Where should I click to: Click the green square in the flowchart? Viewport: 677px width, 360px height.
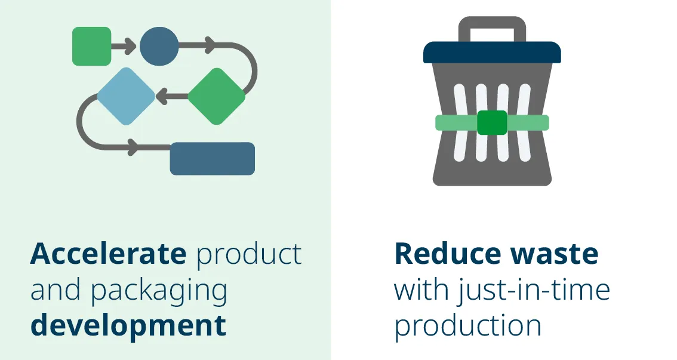pos(91,46)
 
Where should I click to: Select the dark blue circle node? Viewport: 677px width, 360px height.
pos(159,46)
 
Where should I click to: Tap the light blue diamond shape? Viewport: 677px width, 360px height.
pos(126,96)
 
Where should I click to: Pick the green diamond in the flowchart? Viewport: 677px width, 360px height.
pos(217,96)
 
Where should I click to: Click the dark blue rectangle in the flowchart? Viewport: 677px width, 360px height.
pos(212,158)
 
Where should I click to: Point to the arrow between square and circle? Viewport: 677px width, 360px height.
pos(125,46)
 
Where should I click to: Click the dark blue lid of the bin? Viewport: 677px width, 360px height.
pos(492,53)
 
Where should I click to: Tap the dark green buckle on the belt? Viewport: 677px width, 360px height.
pos(492,122)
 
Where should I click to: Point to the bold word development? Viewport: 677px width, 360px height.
pos(128,326)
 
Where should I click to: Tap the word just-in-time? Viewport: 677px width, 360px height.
pos(534,290)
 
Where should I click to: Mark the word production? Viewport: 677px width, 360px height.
pos(468,326)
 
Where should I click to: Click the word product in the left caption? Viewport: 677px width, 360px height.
pos(249,254)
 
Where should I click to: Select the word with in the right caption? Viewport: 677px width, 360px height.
pos(421,290)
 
